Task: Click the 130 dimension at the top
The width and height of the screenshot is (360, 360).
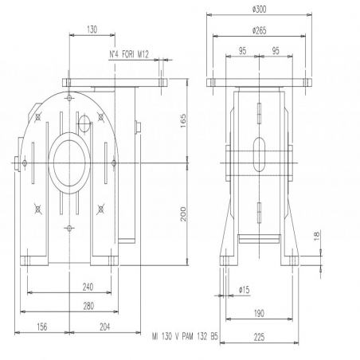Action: point(92,29)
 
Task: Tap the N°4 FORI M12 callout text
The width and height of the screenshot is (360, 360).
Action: point(129,54)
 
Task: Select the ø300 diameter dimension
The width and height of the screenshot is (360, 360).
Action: point(259,10)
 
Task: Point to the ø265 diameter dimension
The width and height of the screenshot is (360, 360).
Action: point(259,30)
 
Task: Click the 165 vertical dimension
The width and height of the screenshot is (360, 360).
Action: point(183,121)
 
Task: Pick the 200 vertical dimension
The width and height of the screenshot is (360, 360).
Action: point(183,214)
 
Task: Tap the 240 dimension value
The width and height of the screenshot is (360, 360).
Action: point(88,287)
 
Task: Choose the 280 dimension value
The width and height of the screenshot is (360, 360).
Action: point(88,306)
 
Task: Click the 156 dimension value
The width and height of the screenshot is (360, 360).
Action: point(41,327)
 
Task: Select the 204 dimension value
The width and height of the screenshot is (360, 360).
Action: point(105,327)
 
